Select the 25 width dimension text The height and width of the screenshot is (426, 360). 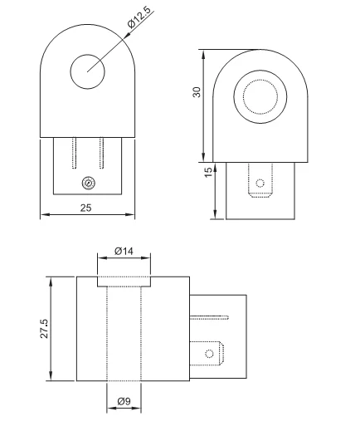point(86,207)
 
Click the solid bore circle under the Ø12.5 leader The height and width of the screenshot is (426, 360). point(87,71)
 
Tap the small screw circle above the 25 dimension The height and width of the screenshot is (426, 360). point(88,183)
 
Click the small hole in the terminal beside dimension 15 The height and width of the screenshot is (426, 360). point(260,182)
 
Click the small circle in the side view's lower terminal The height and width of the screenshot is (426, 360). point(209,355)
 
